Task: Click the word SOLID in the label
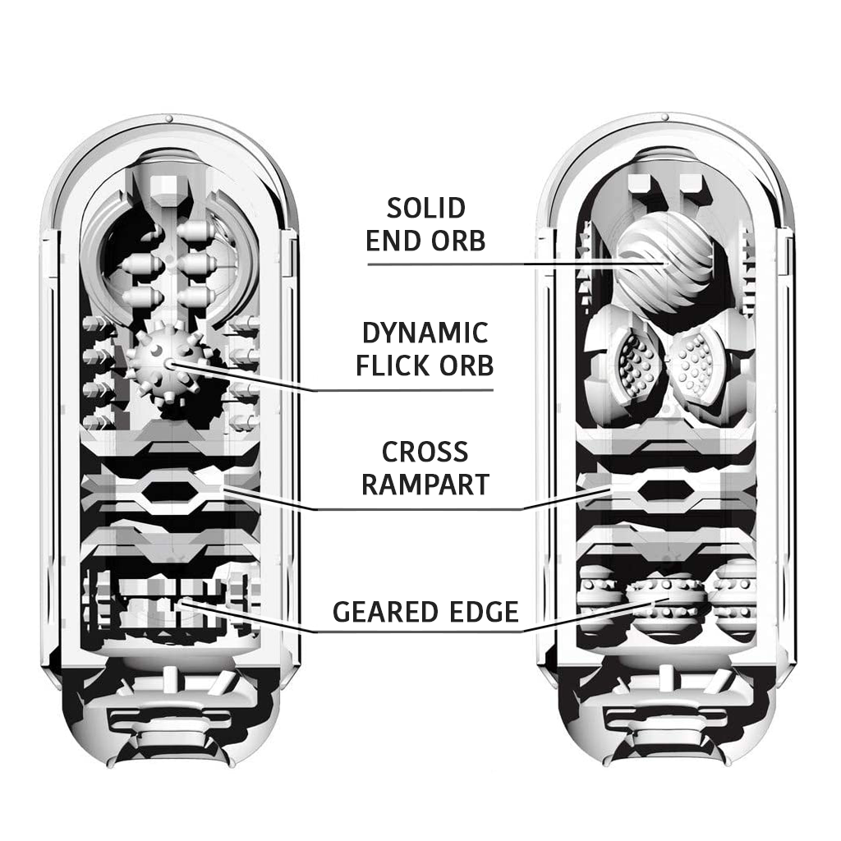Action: coord(425,209)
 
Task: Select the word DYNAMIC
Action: coord(425,333)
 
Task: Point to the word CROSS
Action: coord(425,452)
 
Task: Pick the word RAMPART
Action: coord(425,485)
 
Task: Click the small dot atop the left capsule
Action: coord(169,120)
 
